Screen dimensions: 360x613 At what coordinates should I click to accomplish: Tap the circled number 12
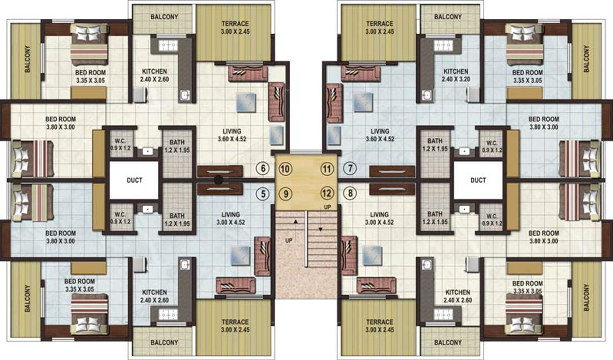click(327, 193)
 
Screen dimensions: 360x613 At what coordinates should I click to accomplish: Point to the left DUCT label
click(134, 180)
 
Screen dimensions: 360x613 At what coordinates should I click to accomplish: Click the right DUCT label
click(478, 180)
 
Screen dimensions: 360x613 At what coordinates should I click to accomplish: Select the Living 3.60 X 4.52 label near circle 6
click(229, 135)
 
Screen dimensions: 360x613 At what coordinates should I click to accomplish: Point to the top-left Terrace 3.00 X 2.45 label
click(235, 27)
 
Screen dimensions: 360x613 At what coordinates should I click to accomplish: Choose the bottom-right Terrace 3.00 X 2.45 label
click(380, 326)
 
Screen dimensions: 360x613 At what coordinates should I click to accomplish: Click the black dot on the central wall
click(218, 180)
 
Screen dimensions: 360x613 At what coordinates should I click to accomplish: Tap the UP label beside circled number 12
click(328, 207)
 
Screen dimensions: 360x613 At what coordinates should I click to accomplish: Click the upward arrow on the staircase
click(296, 220)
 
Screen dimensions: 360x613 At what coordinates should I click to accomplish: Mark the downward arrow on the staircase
click(321, 229)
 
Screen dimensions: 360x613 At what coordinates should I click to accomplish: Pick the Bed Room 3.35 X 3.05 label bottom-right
click(527, 287)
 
